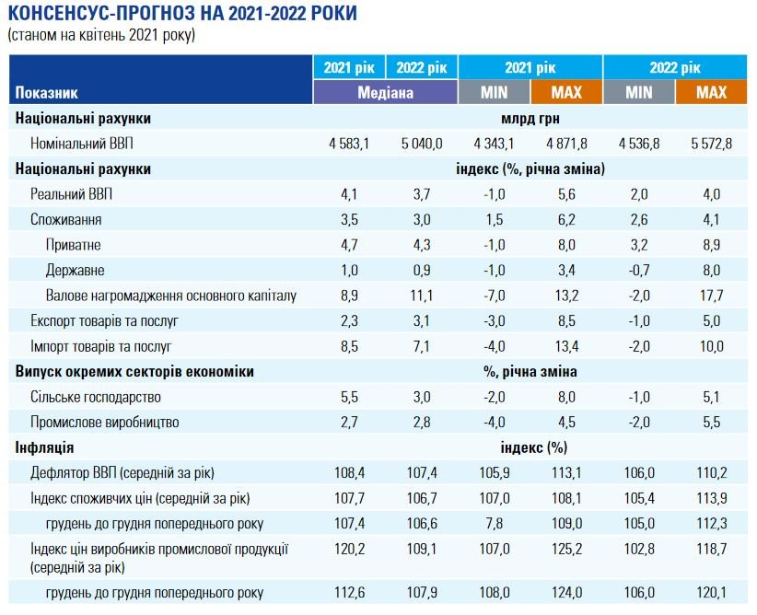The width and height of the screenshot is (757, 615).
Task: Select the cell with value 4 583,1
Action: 349,143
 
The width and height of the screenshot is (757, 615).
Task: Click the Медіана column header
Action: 385,92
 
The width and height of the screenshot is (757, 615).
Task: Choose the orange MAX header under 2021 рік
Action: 566,92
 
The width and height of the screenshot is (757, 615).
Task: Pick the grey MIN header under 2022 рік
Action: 639,92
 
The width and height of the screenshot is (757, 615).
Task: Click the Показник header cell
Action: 47,93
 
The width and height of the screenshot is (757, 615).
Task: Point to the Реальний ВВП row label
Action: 72,194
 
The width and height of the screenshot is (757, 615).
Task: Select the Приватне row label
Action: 73,245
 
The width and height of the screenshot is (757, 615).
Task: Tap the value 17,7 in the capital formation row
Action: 712,296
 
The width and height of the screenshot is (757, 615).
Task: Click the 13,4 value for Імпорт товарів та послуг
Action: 566,346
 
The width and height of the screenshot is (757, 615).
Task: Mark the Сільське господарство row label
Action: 96,397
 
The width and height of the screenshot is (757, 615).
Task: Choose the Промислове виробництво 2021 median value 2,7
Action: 349,423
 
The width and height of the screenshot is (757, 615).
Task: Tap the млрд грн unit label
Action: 530,118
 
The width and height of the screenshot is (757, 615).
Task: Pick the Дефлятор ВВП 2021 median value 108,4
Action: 349,473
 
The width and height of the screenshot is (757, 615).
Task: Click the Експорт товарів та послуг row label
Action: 103,320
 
